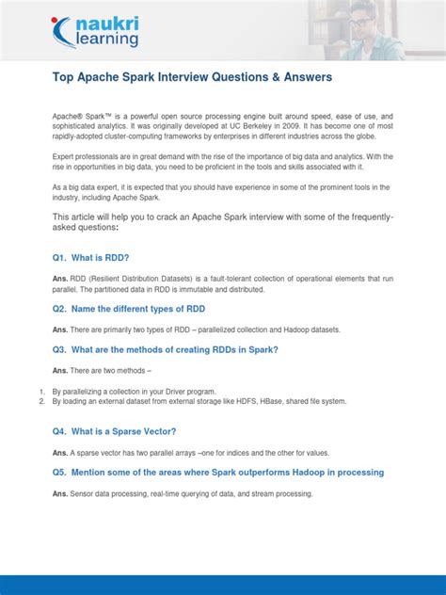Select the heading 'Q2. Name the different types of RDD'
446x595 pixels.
click(x=129, y=309)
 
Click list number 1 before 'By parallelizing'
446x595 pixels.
click(x=41, y=391)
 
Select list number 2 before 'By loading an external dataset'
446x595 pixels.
click(x=41, y=401)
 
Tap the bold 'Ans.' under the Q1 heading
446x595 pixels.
click(x=60, y=279)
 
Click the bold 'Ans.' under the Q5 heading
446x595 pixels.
click(x=60, y=494)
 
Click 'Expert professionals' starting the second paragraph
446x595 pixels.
click(x=86, y=156)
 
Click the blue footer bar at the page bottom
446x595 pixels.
click(x=223, y=585)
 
